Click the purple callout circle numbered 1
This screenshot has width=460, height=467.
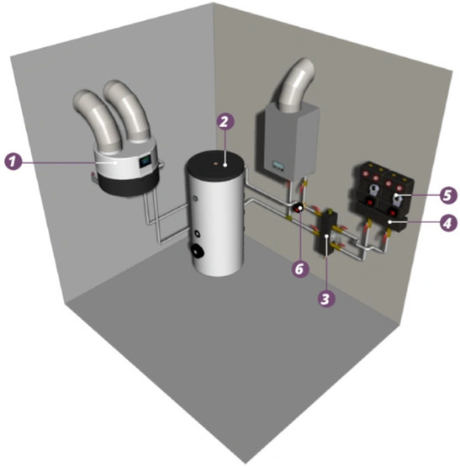coord(13,162)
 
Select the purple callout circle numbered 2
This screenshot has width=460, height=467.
coord(225,121)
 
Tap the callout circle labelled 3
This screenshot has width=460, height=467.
coord(326,299)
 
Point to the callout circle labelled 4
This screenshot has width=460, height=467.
coord(448,223)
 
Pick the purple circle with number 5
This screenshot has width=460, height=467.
coord(447,195)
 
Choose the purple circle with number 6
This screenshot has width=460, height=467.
coord(299,269)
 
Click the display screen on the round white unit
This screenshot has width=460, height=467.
coord(145,161)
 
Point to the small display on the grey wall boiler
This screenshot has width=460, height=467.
coord(278,165)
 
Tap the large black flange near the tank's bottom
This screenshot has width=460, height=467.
coord(198,250)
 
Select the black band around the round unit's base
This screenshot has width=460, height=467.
coord(129,185)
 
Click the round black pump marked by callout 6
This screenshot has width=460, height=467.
coord(299,208)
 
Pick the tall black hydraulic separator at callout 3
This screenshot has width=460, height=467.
coord(327,233)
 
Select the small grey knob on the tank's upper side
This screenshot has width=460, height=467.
coord(195,198)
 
